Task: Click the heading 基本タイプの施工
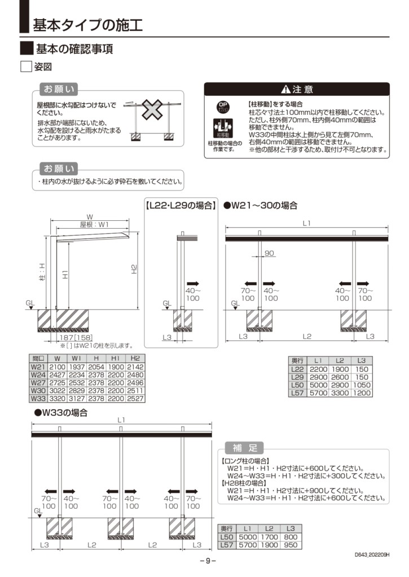[87, 25]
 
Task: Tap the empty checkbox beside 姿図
[25, 67]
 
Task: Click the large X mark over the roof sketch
[151, 110]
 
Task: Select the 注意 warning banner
[296, 89]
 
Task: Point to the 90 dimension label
[269, 254]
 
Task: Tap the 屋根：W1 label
[94, 224]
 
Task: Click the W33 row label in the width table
[38, 398]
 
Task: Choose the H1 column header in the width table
[116, 358]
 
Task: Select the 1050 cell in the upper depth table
[362, 384]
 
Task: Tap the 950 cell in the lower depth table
[291, 546]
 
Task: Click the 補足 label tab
[244, 448]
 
